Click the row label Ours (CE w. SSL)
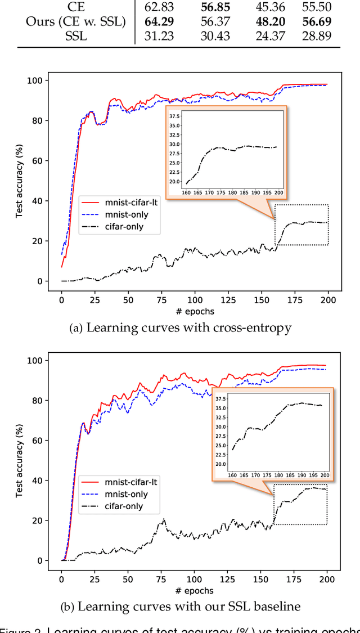[x=75, y=22]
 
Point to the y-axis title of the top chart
[x=19, y=180]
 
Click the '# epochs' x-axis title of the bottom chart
[x=194, y=590]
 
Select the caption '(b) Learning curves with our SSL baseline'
[x=181, y=607]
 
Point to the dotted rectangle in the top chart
[x=301, y=225]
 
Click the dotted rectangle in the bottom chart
[x=300, y=504]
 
